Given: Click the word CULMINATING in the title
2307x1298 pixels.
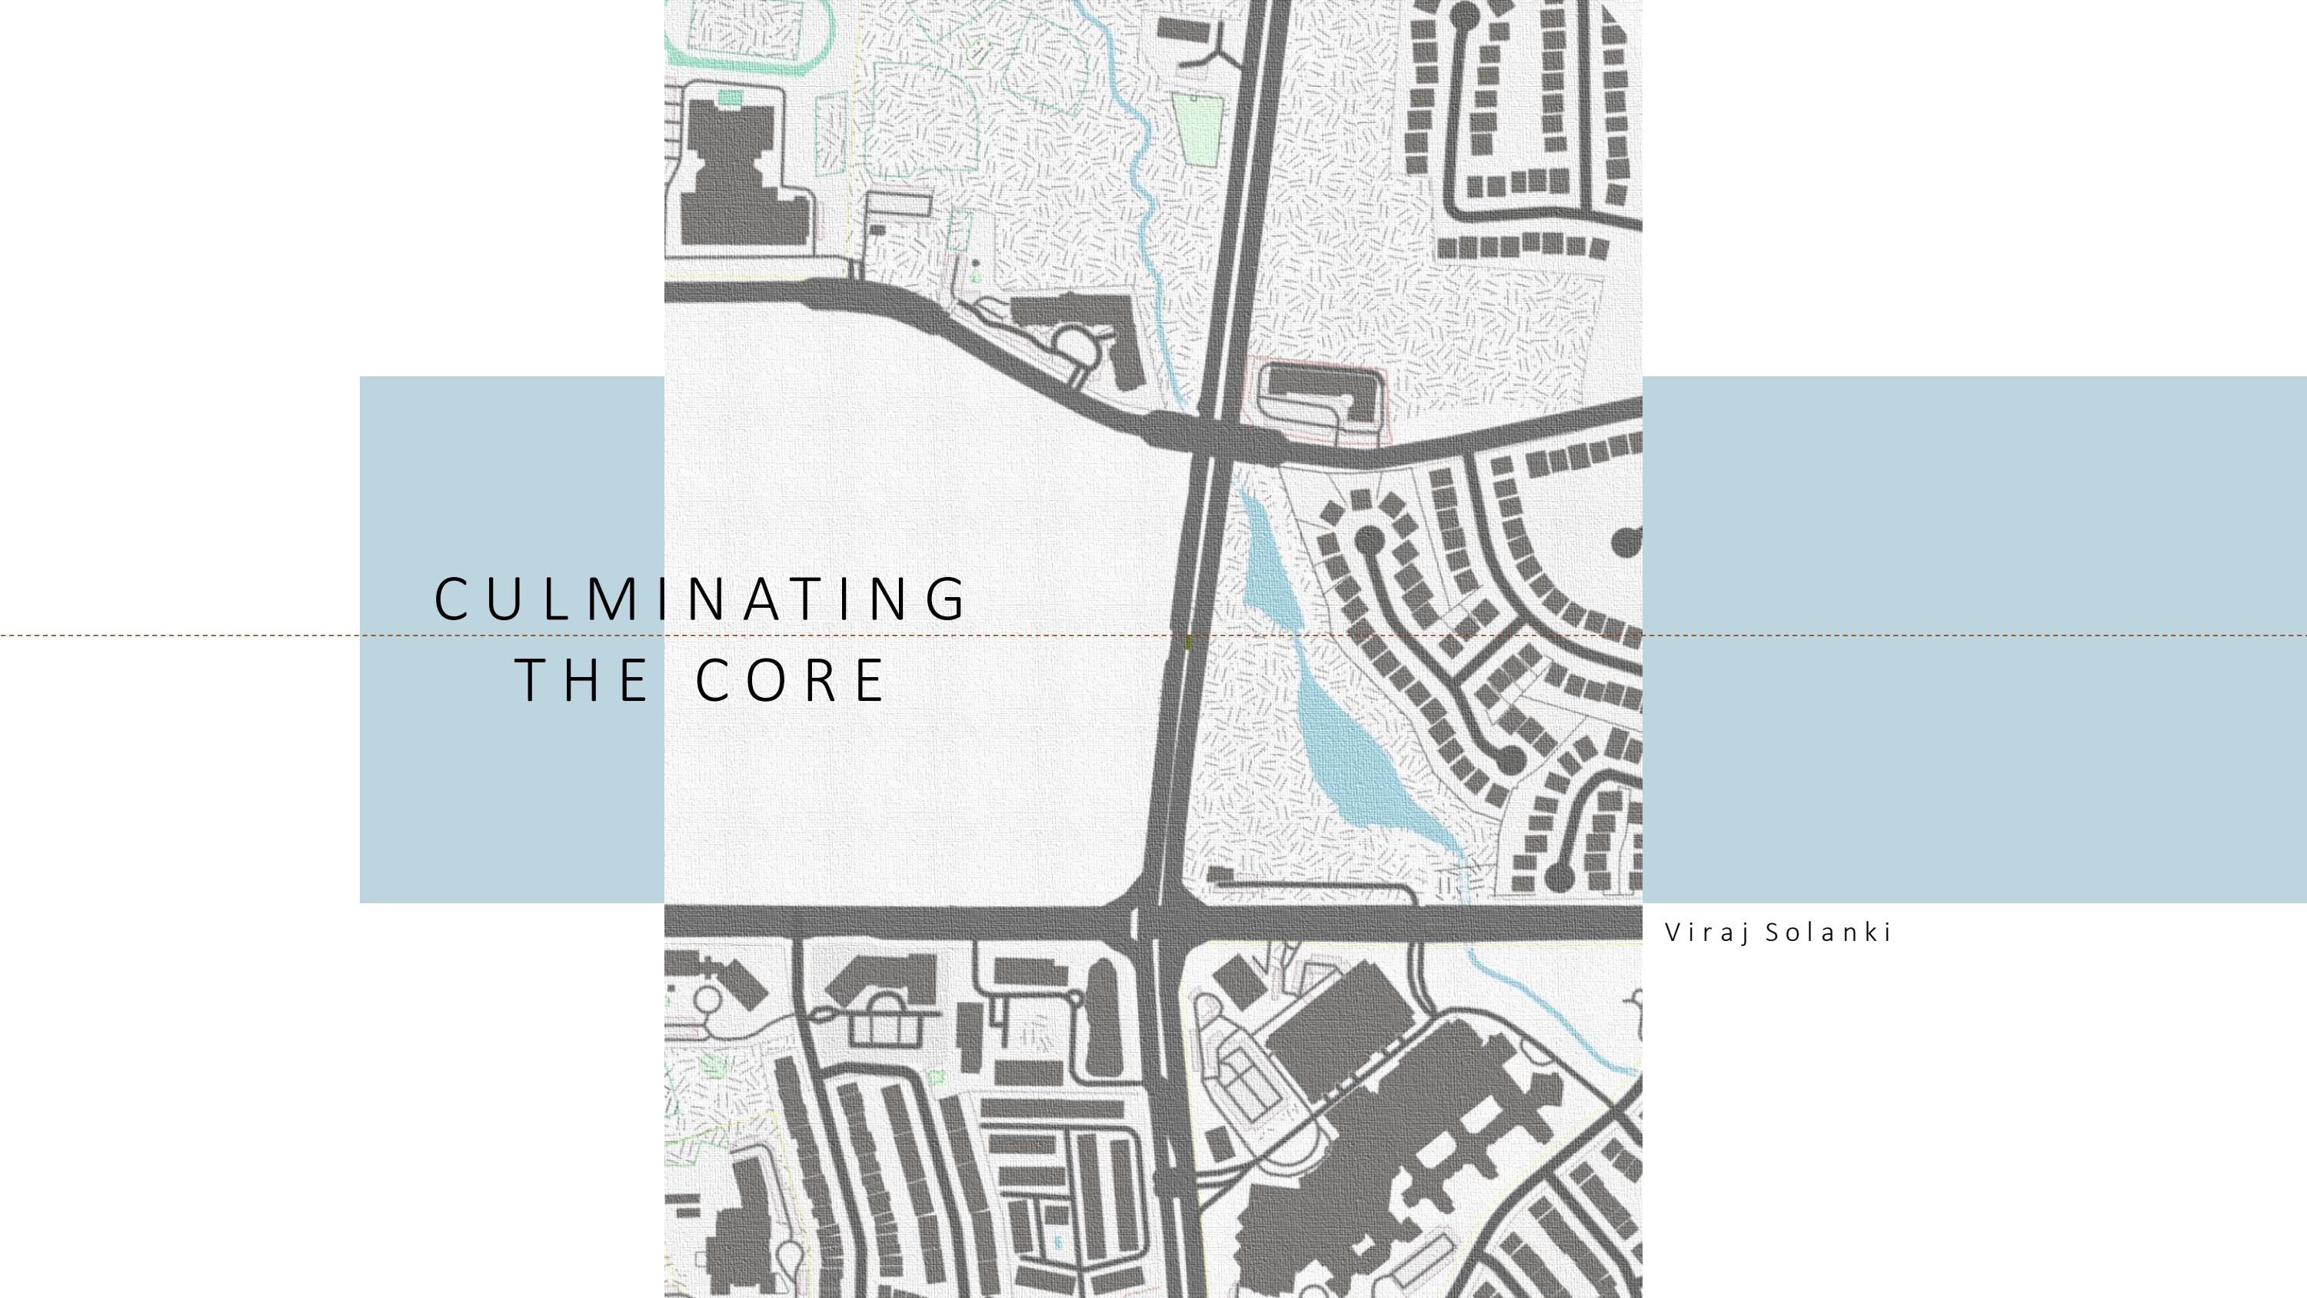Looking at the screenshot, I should point(701,599).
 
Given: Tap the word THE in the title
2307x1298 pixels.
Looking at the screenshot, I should point(582,680).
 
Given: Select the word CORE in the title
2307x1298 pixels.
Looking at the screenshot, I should point(790,680).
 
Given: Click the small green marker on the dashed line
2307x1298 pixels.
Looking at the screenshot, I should point(1188,642).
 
